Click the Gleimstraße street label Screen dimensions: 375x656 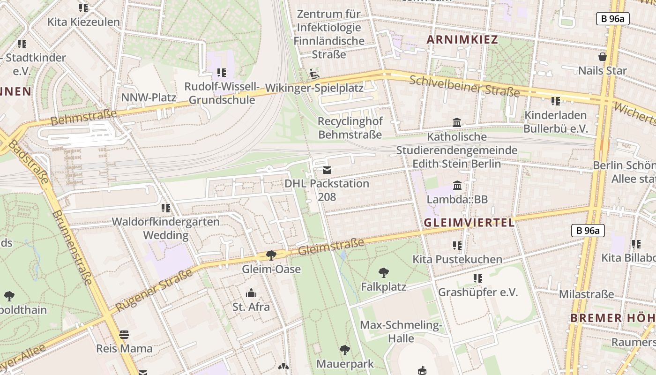(x=331, y=247)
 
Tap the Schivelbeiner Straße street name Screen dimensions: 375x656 (x=464, y=86)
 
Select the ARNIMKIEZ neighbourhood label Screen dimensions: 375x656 (x=462, y=40)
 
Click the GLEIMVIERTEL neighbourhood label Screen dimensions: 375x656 (x=469, y=223)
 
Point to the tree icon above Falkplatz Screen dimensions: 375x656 (x=384, y=272)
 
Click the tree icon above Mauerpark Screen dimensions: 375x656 (x=345, y=350)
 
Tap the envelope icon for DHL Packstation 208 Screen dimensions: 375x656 (x=327, y=170)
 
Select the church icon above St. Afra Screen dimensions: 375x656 (x=251, y=293)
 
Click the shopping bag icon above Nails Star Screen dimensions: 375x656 (x=603, y=57)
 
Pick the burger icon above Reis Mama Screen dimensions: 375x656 (x=124, y=335)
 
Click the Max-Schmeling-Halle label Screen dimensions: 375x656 (x=401, y=331)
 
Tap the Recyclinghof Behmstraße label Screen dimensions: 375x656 (x=350, y=128)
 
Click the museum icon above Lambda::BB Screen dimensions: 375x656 (x=457, y=185)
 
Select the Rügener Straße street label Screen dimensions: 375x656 (x=154, y=291)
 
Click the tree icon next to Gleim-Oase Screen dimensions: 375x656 (x=271, y=255)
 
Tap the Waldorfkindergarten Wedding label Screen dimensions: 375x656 (x=166, y=228)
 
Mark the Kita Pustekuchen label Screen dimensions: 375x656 (x=457, y=259)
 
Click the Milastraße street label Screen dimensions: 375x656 (x=586, y=294)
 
